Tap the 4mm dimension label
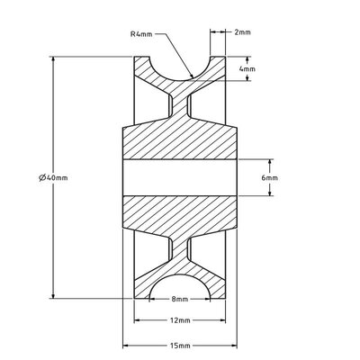point(247,68)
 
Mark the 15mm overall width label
point(179,346)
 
